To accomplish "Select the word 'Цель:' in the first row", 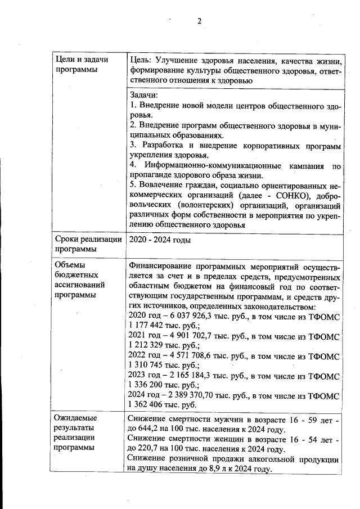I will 138,60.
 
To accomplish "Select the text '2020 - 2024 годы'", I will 160,240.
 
